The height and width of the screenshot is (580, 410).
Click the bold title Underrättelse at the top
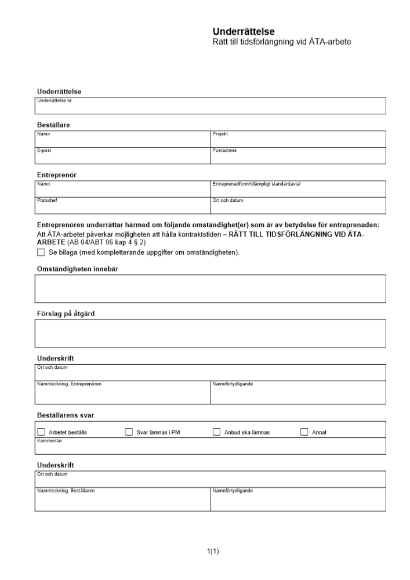pyautogui.click(x=244, y=32)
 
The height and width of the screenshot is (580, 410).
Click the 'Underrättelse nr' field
pyautogui.click(x=210, y=107)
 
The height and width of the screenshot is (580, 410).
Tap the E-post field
pyautogui.click(x=122, y=157)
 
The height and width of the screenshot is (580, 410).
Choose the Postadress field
pyautogui.click(x=297, y=157)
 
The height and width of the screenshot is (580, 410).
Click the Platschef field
pyautogui.click(x=122, y=207)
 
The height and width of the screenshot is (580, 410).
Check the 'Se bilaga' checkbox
pyautogui.click(x=41, y=253)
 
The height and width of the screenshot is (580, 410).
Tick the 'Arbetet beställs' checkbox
pyautogui.click(x=41, y=432)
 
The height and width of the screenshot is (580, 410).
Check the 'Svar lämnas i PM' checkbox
pyautogui.click(x=129, y=432)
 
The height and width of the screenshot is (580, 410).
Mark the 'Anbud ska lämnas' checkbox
pyautogui.click(x=217, y=432)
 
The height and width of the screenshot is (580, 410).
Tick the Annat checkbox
pyautogui.click(x=304, y=432)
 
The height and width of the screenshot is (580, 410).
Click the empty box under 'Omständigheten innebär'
pyautogui.click(x=210, y=288)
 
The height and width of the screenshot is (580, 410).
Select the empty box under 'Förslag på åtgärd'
pyautogui.click(x=210, y=333)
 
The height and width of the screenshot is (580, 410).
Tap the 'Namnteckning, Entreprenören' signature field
pyautogui.click(x=122, y=394)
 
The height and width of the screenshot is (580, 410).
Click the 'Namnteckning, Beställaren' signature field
pyautogui.click(x=122, y=501)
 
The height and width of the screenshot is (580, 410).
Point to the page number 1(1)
pyautogui.click(x=213, y=551)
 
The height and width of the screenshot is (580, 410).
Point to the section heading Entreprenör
pyautogui.click(x=57, y=175)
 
